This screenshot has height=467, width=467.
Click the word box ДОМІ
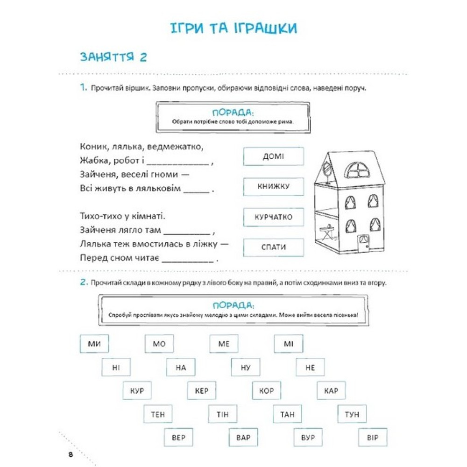tap(273, 156)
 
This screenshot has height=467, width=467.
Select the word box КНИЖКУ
tap(273, 187)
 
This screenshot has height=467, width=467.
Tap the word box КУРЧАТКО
tap(273, 217)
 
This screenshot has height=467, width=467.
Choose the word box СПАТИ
tap(273, 248)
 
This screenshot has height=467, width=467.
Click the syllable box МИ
tap(94, 344)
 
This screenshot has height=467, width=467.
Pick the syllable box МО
tap(159, 344)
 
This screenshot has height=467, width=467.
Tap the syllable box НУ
tap(246, 368)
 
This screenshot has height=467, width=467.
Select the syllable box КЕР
tap(202, 390)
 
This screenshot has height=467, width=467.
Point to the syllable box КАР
tap(331, 390)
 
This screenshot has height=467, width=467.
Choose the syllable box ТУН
tap(352, 414)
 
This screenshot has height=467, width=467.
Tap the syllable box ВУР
tap(308, 438)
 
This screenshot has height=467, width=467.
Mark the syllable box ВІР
tap(372, 438)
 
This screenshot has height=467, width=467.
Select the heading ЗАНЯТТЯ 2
tap(113, 57)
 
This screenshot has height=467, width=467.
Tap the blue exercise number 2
tap(84, 283)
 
